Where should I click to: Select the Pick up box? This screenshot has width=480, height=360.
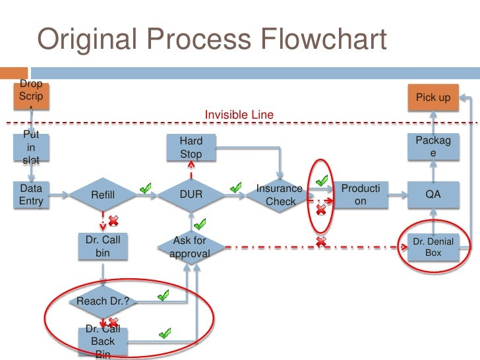[433, 98]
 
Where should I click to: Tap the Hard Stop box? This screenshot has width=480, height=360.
[191, 148]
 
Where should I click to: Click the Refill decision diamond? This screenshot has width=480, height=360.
[102, 195]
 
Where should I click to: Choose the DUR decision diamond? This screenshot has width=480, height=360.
[191, 195]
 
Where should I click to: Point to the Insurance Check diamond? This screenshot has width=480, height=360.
[280, 195]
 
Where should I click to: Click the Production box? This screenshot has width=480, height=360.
[360, 195]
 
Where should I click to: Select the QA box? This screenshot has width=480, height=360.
[433, 195]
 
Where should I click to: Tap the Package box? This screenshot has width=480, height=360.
[433, 147]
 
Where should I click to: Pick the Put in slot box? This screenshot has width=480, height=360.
[31, 147]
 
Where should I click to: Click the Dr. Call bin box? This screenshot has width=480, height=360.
[103, 247]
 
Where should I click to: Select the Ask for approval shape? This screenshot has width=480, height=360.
[191, 247]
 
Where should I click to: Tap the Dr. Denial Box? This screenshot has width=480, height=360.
[433, 247]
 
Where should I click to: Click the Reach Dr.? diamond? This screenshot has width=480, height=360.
[103, 301]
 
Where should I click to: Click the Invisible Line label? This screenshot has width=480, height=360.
[239, 115]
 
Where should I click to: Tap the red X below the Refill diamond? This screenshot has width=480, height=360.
[113, 220]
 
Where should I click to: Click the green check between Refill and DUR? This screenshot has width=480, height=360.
[146, 189]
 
